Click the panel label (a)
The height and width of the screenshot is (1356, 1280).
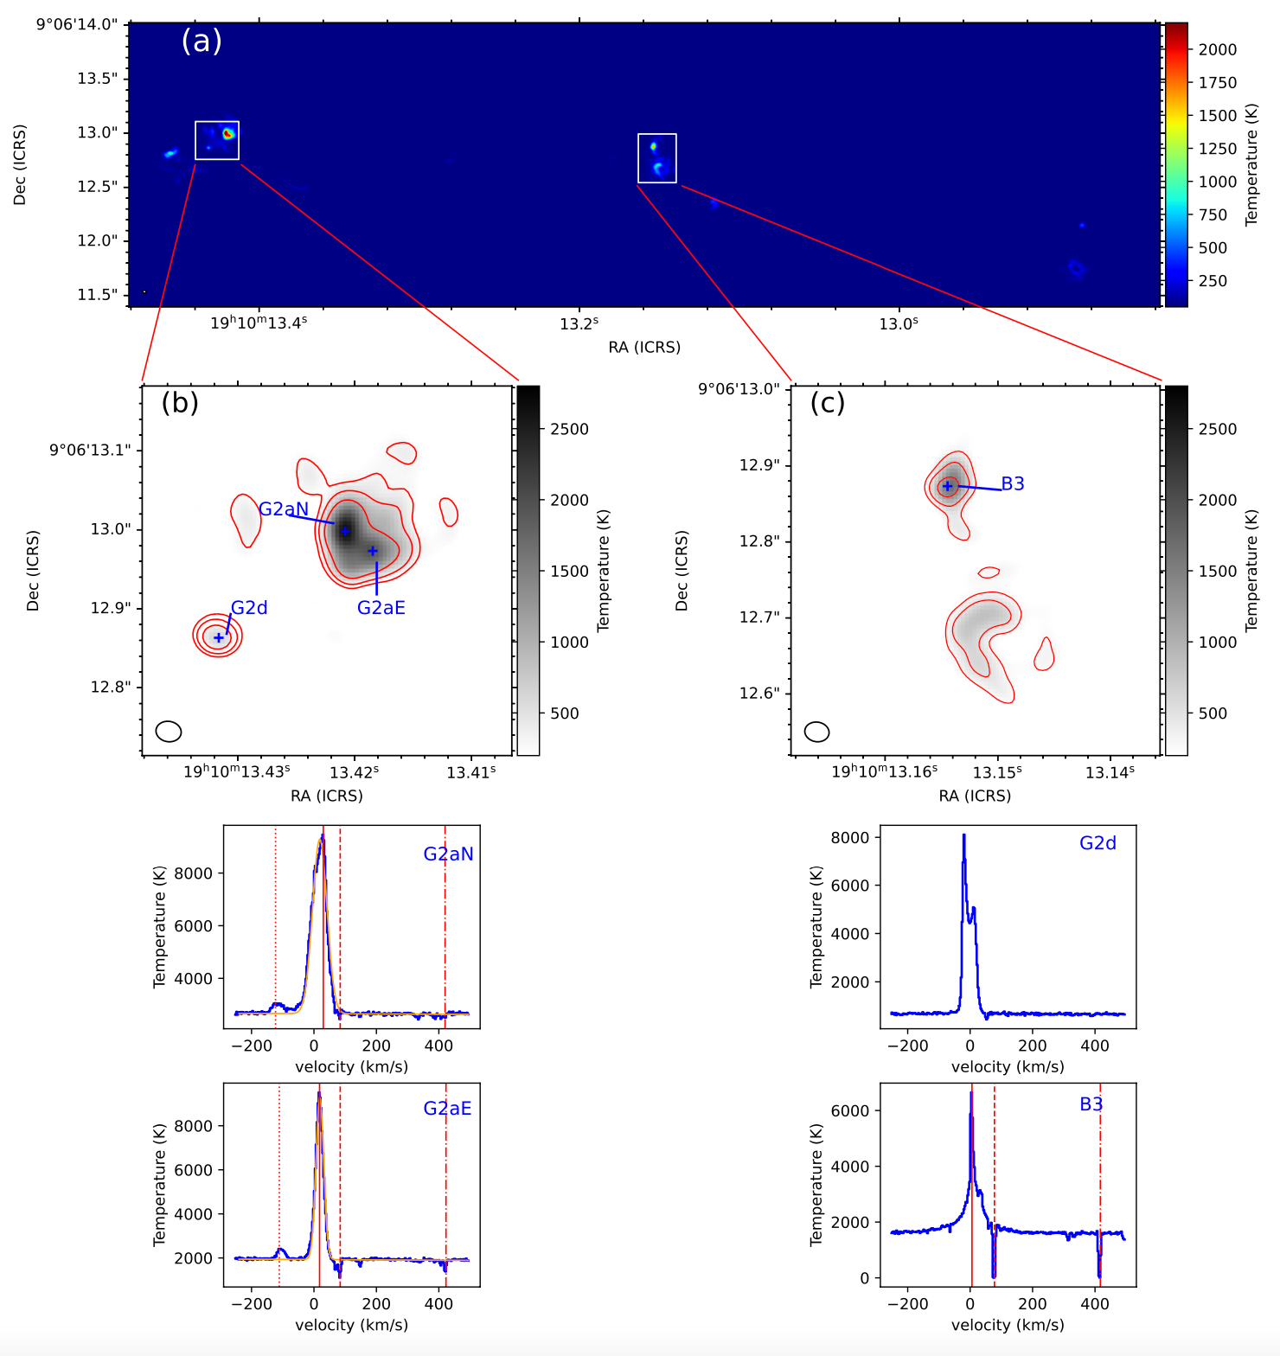pos(202,41)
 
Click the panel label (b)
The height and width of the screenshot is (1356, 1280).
pos(180,402)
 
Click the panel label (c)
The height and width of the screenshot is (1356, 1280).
pos(828,402)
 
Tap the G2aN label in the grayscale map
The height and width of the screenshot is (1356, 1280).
pos(284,509)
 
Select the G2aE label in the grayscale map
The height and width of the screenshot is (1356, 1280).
pos(381,608)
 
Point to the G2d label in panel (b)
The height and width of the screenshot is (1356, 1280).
pos(249,608)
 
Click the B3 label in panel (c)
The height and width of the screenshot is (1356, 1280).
pos(1013,484)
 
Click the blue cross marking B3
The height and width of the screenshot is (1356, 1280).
pos(948,487)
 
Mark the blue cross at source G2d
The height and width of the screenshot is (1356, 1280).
pos(219,637)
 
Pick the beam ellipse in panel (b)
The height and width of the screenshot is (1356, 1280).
pos(169,732)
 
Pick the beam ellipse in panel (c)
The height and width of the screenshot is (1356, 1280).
pos(817,732)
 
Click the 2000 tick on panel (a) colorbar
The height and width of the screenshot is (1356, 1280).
pos(1217,49)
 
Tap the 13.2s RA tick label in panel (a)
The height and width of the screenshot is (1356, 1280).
pos(579,323)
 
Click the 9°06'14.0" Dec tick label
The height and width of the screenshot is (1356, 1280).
pos(76,24)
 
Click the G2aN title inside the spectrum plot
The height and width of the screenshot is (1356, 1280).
pos(448,854)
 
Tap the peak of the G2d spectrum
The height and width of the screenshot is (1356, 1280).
pos(963,835)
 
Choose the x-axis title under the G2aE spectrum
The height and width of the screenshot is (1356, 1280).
pos(351,1325)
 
